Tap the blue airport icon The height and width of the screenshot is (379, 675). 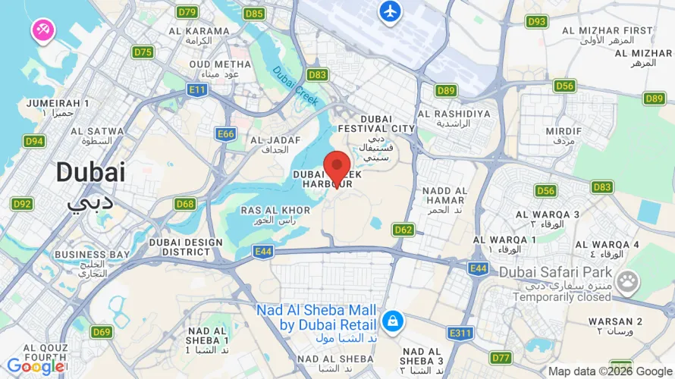[390, 12]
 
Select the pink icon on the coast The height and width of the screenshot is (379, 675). [41, 30]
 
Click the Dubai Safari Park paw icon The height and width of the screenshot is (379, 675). [627, 283]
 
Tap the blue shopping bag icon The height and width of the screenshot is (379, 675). [393, 321]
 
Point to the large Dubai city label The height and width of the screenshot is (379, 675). [90, 172]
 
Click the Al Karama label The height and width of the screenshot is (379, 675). [199, 31]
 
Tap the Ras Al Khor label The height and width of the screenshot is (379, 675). [275, 210]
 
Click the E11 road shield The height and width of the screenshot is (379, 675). [198, 90]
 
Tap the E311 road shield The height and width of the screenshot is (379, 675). [460, 333]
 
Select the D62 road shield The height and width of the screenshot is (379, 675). [403, 229]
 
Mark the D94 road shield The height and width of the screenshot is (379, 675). [34, 141]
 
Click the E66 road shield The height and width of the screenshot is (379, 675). [226, 134]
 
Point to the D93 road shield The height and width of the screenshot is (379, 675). [536, 21]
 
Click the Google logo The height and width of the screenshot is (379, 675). [35, 367]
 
